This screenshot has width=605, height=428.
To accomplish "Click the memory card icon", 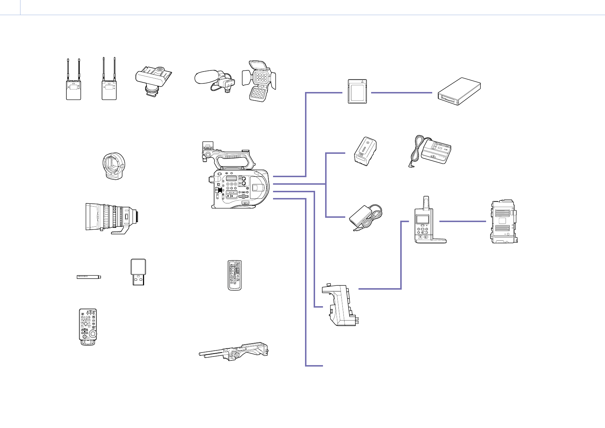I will [x=357, y=92].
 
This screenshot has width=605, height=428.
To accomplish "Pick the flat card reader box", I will [x=459, y=91].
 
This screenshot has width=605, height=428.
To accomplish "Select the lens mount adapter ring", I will [x=112, y=166].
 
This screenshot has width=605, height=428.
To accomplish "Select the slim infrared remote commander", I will [x=235, y=275].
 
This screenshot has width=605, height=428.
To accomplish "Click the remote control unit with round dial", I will [x=88, y=327].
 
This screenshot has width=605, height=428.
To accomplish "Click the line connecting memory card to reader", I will [x=401, y=93].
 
